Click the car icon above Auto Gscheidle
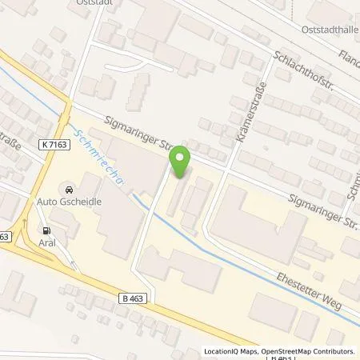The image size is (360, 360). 68,190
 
